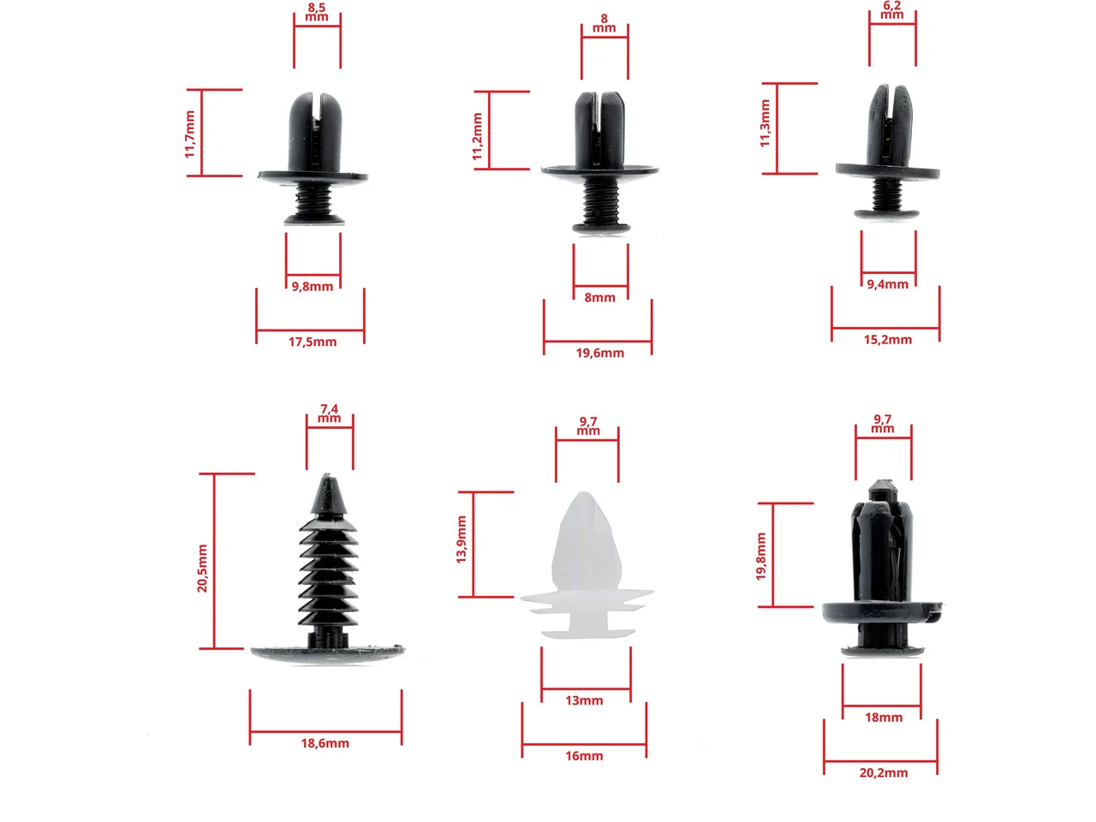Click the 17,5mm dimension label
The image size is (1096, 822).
point(312,342)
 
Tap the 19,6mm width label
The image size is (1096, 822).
point(599,353)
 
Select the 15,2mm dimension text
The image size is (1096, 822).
point(887,340)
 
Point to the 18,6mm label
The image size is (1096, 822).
point(325,743)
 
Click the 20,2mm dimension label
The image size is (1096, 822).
point(884,772)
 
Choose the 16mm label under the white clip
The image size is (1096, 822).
point(584,755)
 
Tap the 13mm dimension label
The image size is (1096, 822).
point(584,700)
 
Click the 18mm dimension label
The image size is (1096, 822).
point(884,718)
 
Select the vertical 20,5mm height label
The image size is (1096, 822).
point(202,569)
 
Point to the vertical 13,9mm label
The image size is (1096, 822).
point(462,539)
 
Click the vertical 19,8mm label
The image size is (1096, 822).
point(761,557)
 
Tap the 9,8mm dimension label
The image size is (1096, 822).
point(312,287)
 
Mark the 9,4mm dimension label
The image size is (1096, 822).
point(887,284)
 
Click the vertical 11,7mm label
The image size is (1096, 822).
point(190,134)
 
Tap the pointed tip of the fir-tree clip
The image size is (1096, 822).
point(326,475)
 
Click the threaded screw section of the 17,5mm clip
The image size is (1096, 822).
point(313,198)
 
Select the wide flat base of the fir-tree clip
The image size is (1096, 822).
point(328,654)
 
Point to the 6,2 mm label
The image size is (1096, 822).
point(891,10)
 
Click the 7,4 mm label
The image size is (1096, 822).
point(329,414)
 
